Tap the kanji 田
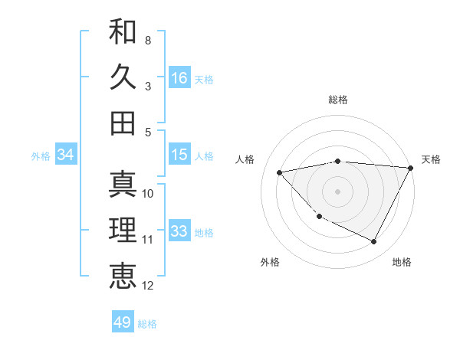pos(123,123)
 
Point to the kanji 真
pos(123,184)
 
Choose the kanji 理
pos(123,230)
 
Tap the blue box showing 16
pos(179,78)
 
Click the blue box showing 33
pos(179,231)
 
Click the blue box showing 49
pos(123,322)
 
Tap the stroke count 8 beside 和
pos(147,39)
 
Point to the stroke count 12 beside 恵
pos(148,286)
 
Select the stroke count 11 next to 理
pos(148,240)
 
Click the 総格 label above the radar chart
pos(338,100)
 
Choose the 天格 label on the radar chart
pos(431,159)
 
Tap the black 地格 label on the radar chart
pos(402,262)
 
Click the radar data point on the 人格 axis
pos(280,172)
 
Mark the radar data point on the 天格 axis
pos(411,168)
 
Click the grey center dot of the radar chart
pos(338,191)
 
